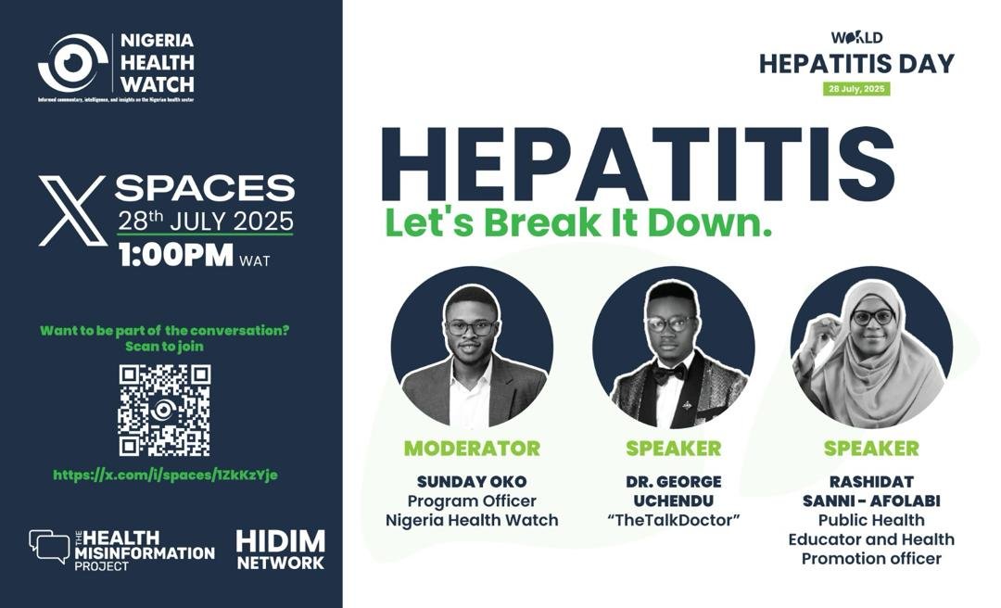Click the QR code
click(164, 411)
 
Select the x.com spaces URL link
click(166, 475)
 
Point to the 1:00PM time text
click(175, 257)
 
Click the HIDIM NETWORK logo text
click(280, 550)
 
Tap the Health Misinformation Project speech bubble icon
click(49, 547)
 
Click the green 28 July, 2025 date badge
click(856, 89)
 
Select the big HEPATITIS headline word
click(638, 165)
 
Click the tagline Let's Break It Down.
click(578, 224)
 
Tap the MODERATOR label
click(472, 449)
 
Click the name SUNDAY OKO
click(472, 481)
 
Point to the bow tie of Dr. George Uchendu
click(669, 373)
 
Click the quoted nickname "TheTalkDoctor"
click(673, 520)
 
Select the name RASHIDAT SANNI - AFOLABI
click(871, 491)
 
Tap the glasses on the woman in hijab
click(871, 317)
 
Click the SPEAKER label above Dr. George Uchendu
click(673, 449)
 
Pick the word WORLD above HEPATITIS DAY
click(856, 38)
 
